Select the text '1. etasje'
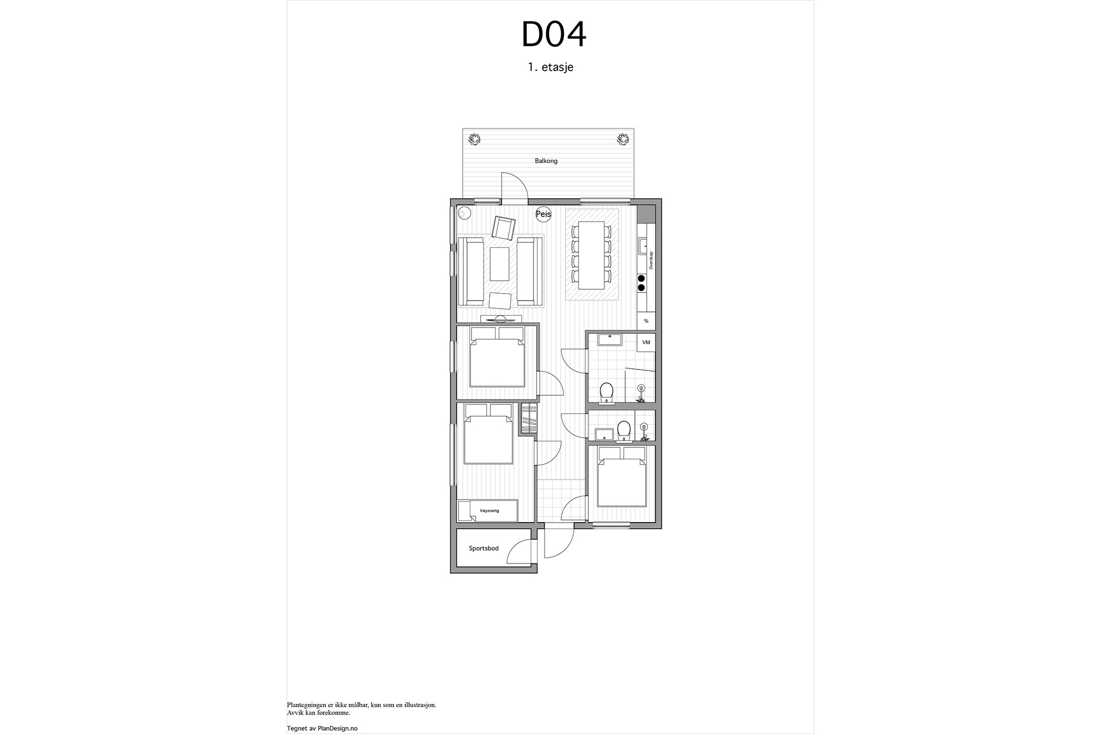pos(550,68)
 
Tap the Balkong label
pos(546,161)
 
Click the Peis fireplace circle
pos(544,215)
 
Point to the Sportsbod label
pos(484,548)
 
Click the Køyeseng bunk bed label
pos(489,510)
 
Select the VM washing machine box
pos(646,343)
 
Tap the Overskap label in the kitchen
pos(650,260)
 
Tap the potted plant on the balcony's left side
pos(474,140)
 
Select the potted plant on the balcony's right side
pos(623,140)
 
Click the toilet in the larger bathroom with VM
pos(606,393)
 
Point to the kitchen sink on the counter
pos(644,246)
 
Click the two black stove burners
pos(641,283)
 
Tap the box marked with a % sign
pos(646,321)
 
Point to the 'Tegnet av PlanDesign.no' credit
pos(323,728)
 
